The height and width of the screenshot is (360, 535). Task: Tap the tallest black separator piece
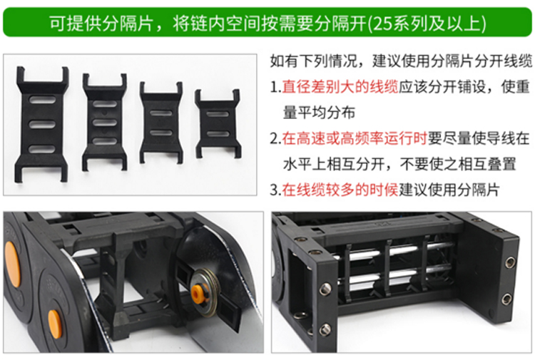(41, 124)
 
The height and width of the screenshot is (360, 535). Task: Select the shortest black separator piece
(218, 124)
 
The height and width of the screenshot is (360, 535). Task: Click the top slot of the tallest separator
(42, 100)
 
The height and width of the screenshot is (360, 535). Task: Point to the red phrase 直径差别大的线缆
(340, 87)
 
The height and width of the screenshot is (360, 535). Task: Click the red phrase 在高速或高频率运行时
(355, 138)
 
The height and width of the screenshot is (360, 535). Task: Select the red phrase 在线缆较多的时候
(340, 190)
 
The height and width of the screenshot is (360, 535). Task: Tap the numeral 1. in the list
(275, 87)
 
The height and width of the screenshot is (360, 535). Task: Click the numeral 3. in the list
(275, 190)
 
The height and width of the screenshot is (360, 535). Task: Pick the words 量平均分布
(319, 113)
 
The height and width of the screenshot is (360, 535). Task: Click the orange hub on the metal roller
(197, 292)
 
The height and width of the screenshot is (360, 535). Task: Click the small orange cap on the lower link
(55, 324)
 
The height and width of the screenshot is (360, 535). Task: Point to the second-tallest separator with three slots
(105, 123)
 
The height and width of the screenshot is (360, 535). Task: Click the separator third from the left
(161, 123)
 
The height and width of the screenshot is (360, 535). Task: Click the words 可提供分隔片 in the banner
(101, 24)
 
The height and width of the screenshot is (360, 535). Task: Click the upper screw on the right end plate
(510, 262)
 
